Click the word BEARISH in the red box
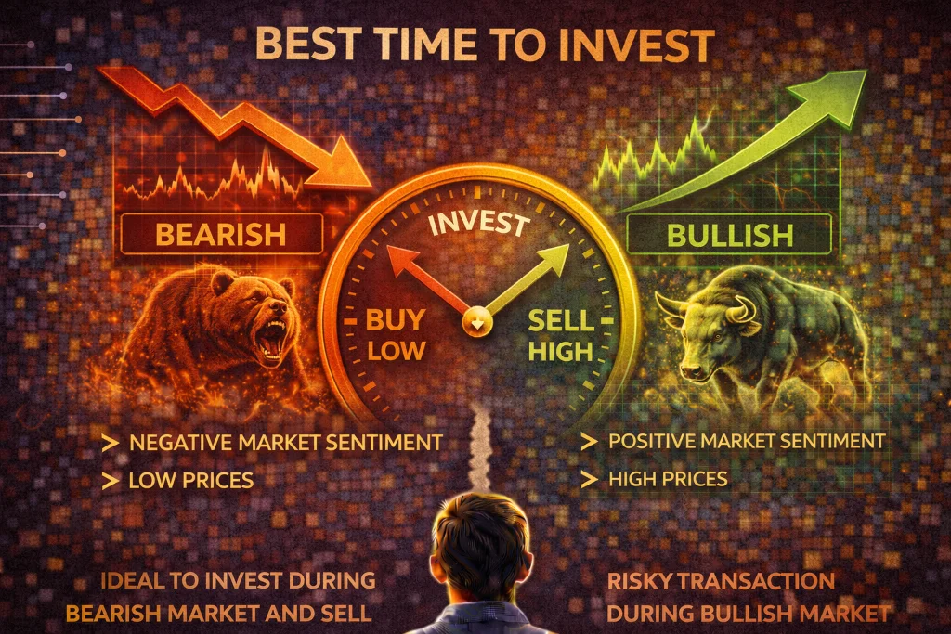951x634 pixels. (x=220, y=233)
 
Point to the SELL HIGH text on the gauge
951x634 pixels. (x=560, y=335)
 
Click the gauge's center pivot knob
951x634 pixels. (x=475, y=322)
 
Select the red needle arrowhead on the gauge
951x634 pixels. (x=397, y=256)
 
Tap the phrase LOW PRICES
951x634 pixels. (x=190, y=480)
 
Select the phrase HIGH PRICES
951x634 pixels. (x=668, y=479)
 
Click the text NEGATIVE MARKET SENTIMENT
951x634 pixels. (x=285, y=443)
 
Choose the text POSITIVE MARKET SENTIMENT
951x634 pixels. (x=747, y=440)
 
